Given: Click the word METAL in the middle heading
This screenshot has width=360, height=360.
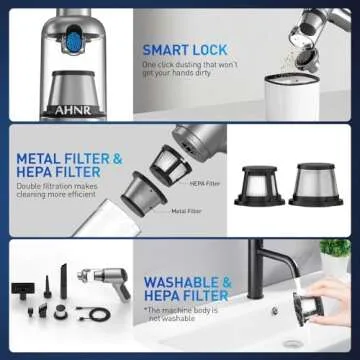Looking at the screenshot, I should tap(41, 158).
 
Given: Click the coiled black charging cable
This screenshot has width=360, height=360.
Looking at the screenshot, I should tap(96, 313).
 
